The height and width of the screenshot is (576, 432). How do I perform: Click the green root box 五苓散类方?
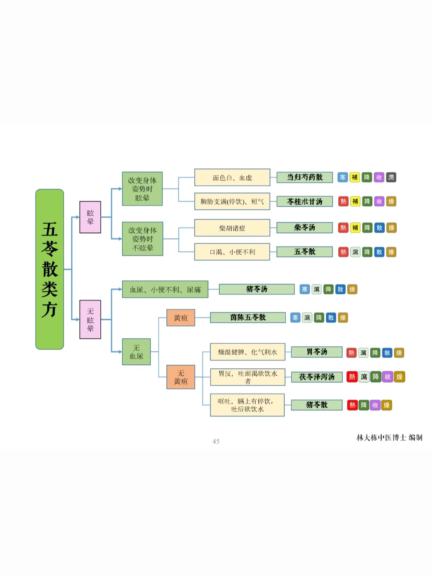click(x=50, y=269)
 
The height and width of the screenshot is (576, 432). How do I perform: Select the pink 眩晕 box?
click(x=90, y=217)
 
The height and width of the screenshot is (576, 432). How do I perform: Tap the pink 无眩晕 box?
click(x=90, y=320)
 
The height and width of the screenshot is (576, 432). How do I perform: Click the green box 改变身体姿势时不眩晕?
click(x=142, y=239)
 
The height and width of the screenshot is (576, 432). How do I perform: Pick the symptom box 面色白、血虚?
click(x=232, y=178)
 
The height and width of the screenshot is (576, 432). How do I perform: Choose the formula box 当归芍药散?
click(x=305, y=177)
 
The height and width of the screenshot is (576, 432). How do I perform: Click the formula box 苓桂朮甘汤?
click(x=305, y=202)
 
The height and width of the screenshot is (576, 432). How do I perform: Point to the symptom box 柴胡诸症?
click(x=232, y=228)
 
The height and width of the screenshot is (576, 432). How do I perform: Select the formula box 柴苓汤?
click(x=305, y=228)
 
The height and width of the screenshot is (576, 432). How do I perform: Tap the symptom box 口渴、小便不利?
click(x=232, y=252)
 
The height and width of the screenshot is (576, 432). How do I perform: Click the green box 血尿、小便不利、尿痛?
click(x=165, y=290)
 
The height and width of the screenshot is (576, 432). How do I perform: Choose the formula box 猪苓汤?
click(x=257, y=289)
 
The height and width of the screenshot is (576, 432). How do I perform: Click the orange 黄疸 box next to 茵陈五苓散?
click(x=181, y=318)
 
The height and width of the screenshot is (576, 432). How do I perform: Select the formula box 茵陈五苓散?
click(x=248, y=318)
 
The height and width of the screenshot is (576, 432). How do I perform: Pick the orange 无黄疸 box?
click(x=181, y=377)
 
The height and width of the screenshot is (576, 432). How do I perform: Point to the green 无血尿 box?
click(x=136, y=352)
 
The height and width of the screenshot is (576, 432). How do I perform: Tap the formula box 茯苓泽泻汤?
click(x=317, y=377)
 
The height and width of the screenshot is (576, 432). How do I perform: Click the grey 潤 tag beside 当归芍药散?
click(x=391, y=177)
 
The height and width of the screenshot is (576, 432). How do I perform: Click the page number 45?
click(x=216, y=442)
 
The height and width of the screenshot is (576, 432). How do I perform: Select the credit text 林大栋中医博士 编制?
click(x=389, y=438)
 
